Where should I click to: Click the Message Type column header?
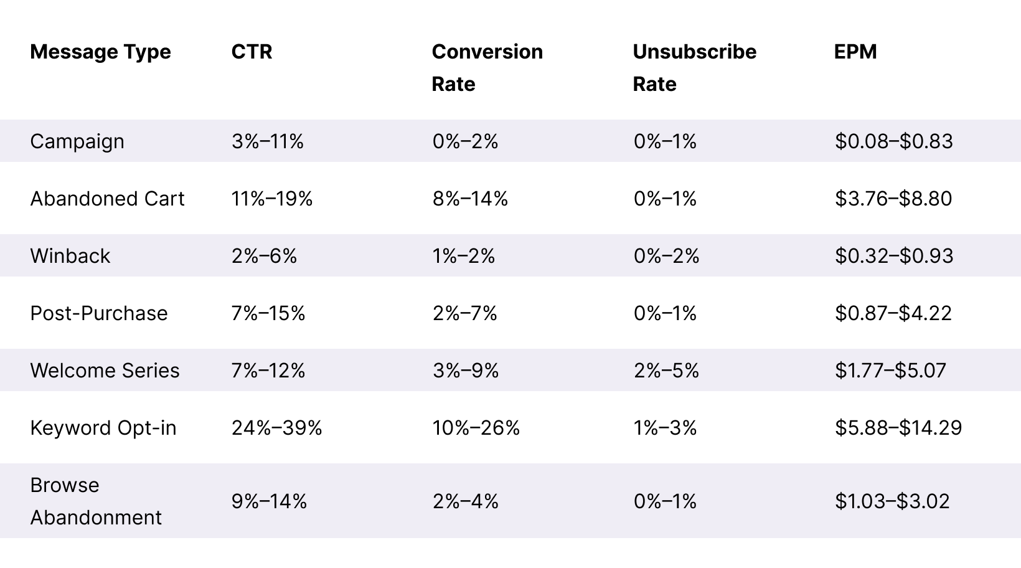100,52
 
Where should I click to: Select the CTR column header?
252,52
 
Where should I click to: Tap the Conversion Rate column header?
487,67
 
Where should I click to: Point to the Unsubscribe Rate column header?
694,67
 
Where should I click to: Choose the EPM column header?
855,52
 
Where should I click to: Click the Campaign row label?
77,141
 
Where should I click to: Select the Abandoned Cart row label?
107,199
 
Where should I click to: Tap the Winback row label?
70,256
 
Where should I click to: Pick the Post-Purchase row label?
99,313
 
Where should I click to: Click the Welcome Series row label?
105,371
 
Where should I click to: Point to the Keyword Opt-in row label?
103,428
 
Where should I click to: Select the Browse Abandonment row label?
96,501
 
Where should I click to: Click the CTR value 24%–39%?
276,428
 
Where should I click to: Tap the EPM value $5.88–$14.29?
898,428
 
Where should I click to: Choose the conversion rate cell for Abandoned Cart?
470,199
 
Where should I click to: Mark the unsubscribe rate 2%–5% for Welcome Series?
666,371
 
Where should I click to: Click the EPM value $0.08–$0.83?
893,141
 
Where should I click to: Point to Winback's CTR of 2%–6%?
264,256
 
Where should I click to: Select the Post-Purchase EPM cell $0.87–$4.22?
893,313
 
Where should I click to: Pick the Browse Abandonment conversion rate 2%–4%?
465,501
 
